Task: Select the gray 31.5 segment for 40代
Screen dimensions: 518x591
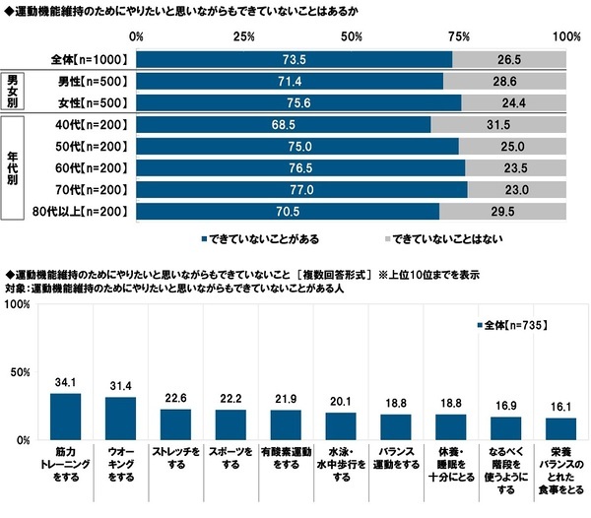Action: (x=498, y=124)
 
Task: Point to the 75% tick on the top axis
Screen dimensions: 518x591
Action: (x=458, y=36)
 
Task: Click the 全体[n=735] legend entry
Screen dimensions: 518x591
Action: (x=510, y=325)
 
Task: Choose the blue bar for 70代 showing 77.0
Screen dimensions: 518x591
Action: (x=302, y=189)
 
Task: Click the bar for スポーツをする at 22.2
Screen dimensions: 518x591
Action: (x=230, y=423)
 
